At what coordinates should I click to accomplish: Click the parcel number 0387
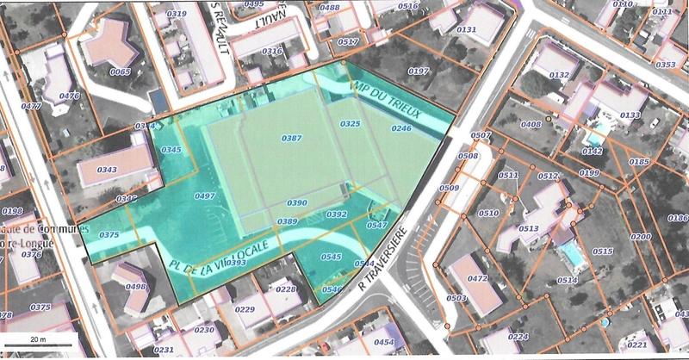click(292, 139)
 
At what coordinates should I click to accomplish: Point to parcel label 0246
click(401, 128)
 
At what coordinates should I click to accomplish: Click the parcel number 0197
click(419, 71)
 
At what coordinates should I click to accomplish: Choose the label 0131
click(467, 30)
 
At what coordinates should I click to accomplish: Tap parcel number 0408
click(531, 125)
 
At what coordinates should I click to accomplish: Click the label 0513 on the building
click(528, 229)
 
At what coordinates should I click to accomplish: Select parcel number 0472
click(478, 279)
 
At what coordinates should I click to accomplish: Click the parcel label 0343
click(107, 170)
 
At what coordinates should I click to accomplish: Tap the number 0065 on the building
click(121, 71)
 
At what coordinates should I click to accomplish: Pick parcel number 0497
click(204, 196)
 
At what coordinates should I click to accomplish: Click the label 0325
click(350, 125)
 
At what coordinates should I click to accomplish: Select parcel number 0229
click(245, 310)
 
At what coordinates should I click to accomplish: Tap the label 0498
click(135, 287)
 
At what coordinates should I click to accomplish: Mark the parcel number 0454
click(384, 342)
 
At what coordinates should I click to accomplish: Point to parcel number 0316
click(271, 52)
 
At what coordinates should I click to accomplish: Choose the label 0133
click(630, 115)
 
